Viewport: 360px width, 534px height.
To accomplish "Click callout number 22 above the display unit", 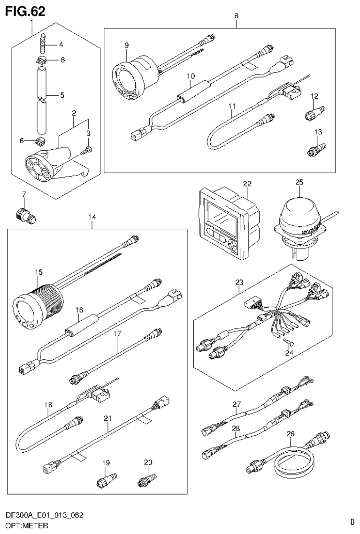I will point(247,183).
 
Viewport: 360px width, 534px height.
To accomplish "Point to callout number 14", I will point(92,217).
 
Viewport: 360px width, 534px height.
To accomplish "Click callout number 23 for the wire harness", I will point(239,282).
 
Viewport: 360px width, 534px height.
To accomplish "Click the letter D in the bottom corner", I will point(352,521).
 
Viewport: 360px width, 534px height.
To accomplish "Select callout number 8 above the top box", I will point(236,15).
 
